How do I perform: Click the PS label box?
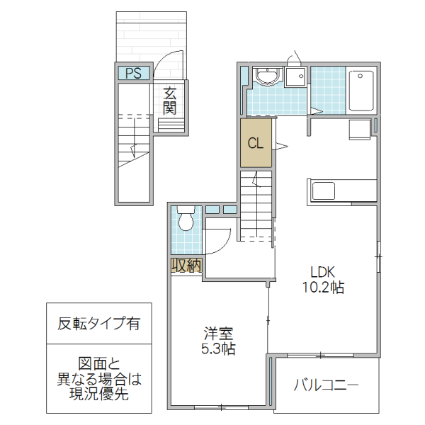132,72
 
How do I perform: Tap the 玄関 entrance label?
169,101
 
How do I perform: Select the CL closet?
256,142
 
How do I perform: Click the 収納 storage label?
186,266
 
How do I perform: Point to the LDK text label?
322,272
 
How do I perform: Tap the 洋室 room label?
219,333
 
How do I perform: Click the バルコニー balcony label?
325,385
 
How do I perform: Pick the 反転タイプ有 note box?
99,324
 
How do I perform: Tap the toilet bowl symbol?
186,220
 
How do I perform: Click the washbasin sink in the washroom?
267,76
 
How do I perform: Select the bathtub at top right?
361,90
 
